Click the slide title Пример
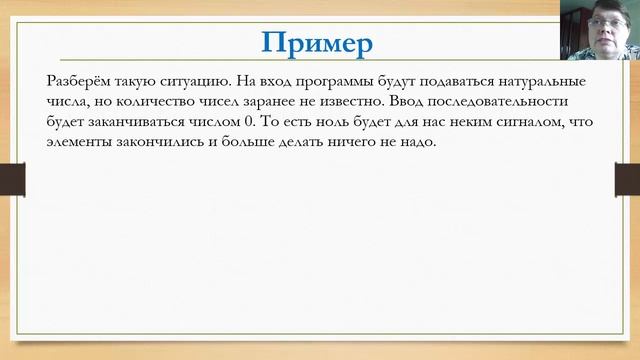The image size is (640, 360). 317,43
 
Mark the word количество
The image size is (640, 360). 159,101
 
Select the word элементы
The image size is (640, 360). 79,143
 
